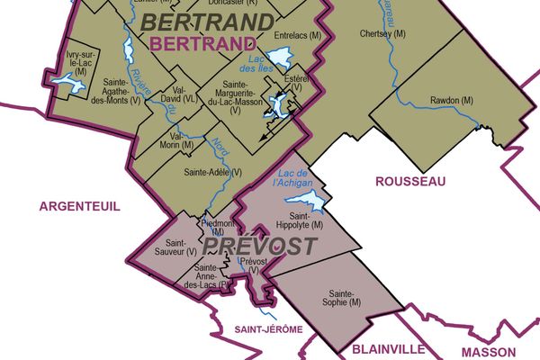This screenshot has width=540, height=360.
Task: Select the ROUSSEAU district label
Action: point(409,182)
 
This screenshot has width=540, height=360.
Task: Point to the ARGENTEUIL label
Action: point(79,206)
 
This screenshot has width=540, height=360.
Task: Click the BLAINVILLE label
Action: point(389,349)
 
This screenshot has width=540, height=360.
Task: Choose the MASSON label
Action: point(489,352)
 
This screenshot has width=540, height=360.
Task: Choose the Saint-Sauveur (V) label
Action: point(169,247)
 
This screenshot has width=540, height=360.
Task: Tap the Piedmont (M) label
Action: point(212,227)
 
